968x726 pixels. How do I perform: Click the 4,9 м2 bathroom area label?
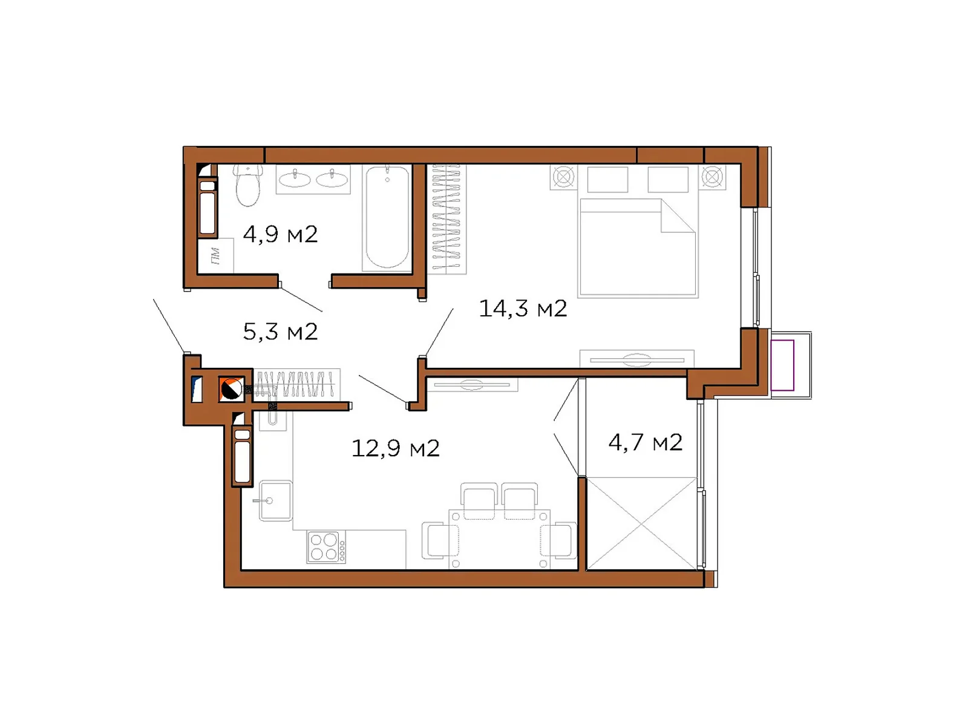click(x=280, y=234)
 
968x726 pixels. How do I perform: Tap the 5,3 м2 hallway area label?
click(x=280, y=332)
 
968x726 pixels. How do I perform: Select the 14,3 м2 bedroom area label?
click(x=523, y=309)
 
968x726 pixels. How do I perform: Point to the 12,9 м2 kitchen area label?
click(x=395, y=448)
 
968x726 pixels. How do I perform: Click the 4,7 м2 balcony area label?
click(x=645, y=442)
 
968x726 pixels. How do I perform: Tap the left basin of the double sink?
click(x=295, y=178)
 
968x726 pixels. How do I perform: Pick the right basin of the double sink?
click(x=332, y=178)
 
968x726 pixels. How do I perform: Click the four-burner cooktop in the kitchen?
click(x=325, y=547)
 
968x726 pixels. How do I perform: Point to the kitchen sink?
click(x=275, y=500)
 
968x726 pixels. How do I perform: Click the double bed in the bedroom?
click(x=638, y=248)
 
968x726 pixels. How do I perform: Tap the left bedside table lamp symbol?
click(x=563, y=177)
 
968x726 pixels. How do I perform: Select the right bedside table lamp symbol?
click(x=712, y=177)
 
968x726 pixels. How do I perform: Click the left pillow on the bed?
click(x=607, y=180)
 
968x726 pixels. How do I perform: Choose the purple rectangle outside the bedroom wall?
click(x=782, y=365)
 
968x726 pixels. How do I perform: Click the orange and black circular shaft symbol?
click(x=231, y=389)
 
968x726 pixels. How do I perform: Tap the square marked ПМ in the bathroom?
click(x=215, y=256)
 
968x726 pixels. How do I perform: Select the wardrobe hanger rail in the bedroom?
click(x=446, y=218)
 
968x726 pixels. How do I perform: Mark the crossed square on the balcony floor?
click(x=641, y=524)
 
